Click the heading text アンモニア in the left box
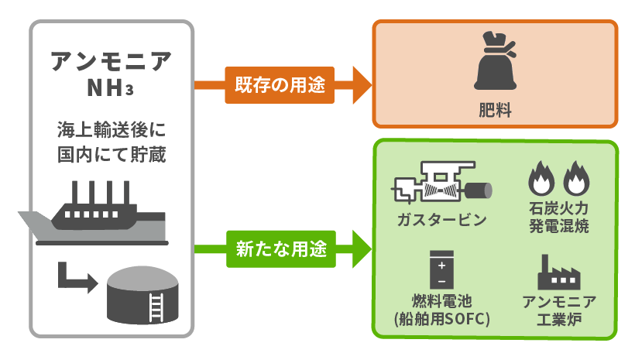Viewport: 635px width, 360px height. pos(112,61)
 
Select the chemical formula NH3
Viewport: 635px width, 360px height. pos(112,88)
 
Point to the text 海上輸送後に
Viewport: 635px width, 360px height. pos(112,129)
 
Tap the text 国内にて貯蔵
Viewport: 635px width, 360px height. pos(112,153)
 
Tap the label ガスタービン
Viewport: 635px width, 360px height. pos(440,220)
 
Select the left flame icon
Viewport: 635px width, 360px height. pos(539,180)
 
